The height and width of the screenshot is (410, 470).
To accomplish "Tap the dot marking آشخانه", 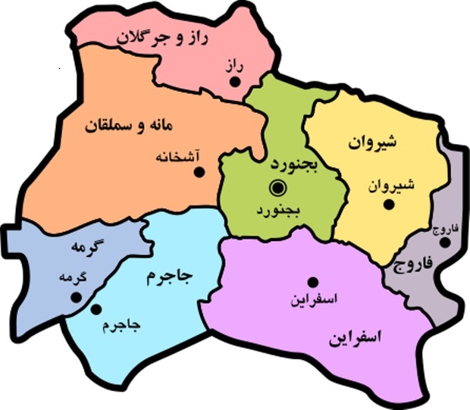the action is coord(200,172).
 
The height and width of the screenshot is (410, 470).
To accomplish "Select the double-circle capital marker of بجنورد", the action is coord(278,186).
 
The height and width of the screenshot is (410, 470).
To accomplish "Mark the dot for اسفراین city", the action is coord(310,280).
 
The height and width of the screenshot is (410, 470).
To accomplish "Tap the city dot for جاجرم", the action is coord(96,309).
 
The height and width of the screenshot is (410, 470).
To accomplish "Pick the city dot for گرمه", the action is coord(75,297).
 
